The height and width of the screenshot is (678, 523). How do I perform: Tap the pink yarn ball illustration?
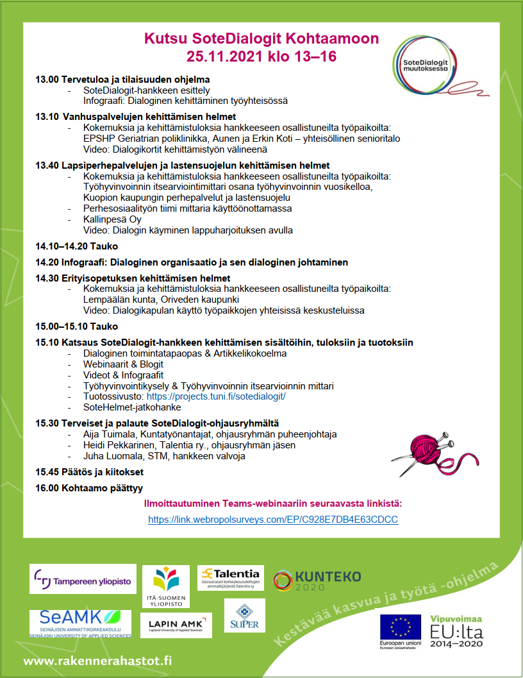pos(423,451)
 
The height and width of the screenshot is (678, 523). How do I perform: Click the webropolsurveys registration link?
pos(273,520)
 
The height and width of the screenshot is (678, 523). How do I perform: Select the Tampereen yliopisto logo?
pos(83,579)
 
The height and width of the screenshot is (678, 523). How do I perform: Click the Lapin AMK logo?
pos(176,625)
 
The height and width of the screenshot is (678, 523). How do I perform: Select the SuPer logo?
pos(244,615)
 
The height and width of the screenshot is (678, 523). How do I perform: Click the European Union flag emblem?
pos(400,627)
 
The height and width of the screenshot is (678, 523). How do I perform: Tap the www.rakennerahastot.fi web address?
pos(98,659)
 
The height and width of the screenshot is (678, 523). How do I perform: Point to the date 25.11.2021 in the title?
pos(219,56)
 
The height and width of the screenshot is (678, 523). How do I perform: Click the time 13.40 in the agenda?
pos(47,165)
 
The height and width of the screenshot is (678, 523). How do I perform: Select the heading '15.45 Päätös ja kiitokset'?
pos(89,472)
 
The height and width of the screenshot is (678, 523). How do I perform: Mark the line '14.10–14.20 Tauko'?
pos(76,246)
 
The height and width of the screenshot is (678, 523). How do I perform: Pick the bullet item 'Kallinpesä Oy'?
pos(112,219)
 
